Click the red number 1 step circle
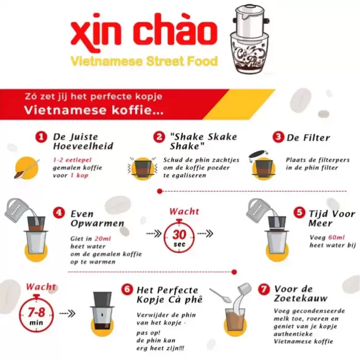41,137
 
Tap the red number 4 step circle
59,213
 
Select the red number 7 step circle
264,289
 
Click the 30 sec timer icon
179,236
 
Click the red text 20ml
103,239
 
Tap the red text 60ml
336,237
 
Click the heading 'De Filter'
308,138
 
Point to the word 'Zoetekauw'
301,298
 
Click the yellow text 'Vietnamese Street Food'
144,62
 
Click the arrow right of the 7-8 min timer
67,313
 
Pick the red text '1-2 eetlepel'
72,160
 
